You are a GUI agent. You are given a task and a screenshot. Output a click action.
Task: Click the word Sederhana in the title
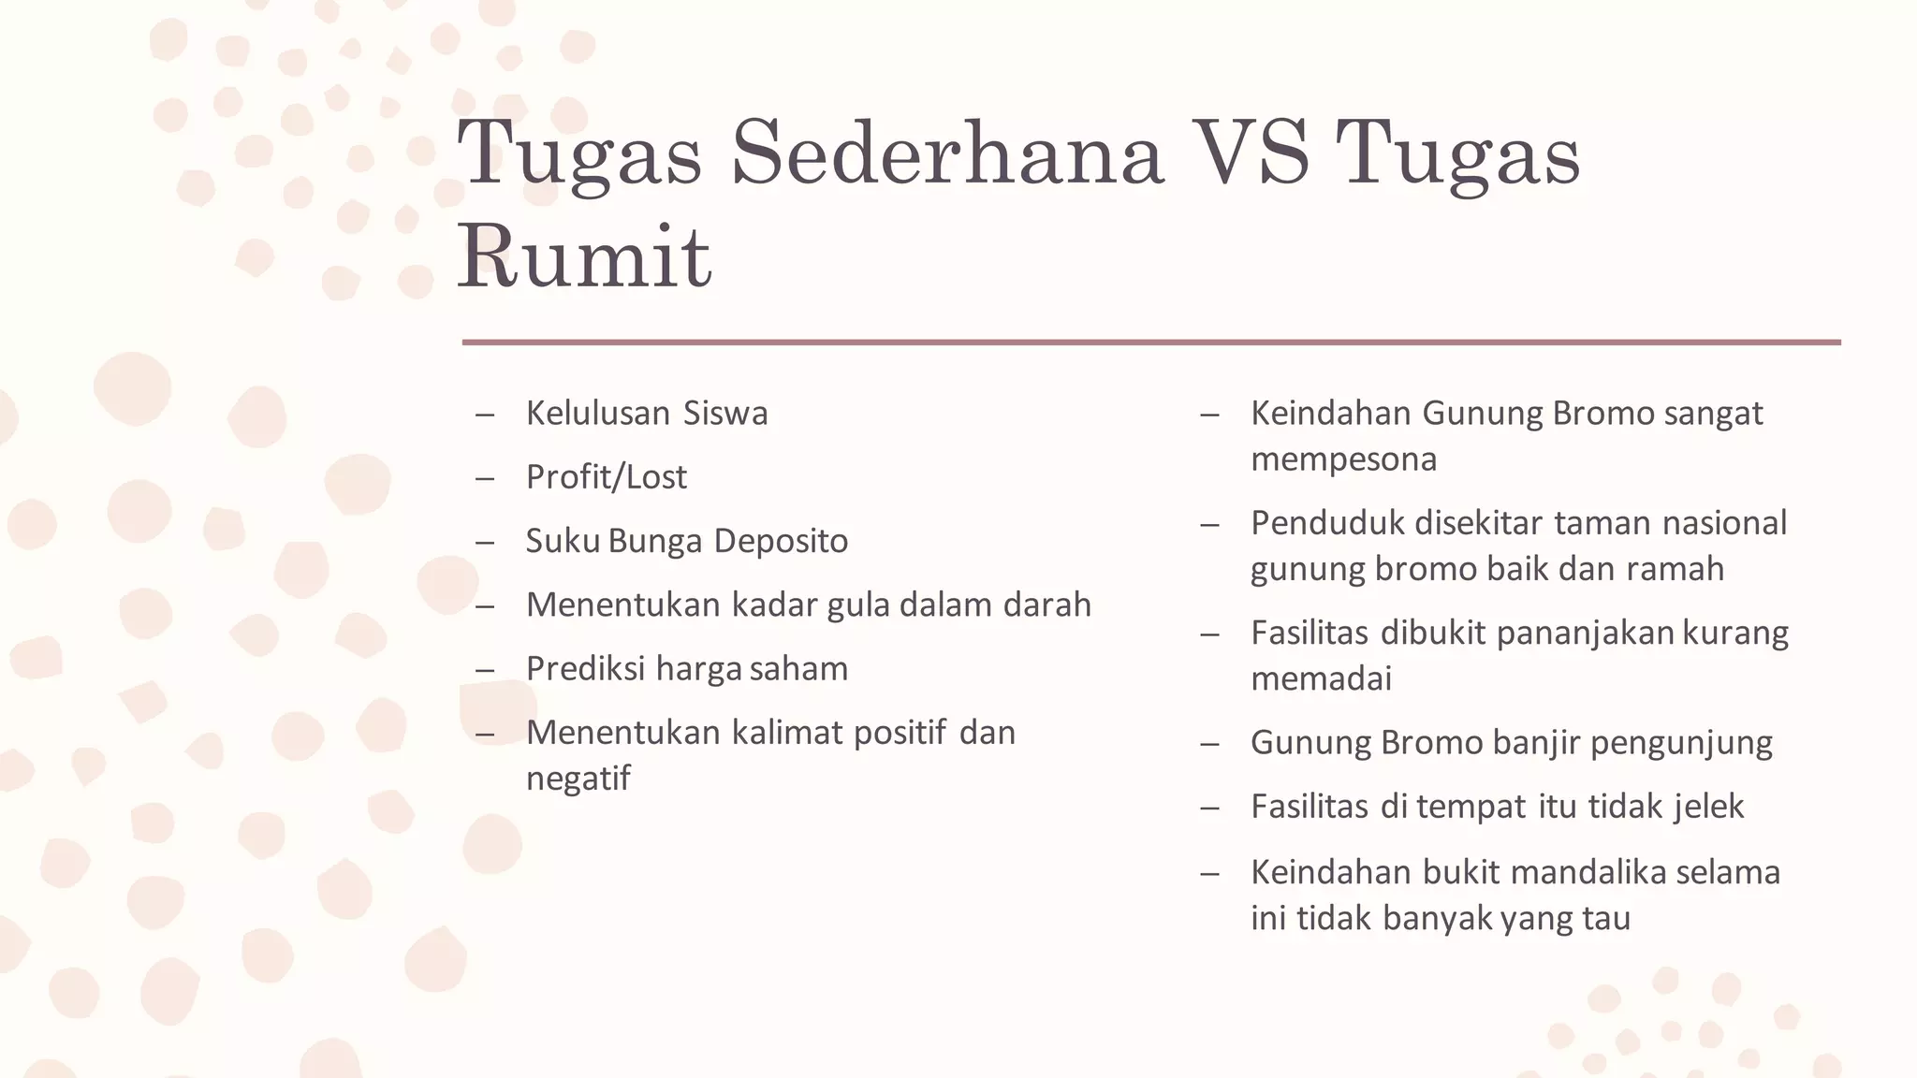point(947,154)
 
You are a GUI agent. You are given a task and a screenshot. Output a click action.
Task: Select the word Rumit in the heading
point(584,257)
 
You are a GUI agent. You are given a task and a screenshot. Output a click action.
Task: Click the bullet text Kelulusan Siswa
point(647,414)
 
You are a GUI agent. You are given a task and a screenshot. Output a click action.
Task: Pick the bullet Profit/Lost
point(607,477)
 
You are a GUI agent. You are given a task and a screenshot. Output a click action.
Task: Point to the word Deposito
point(781,541)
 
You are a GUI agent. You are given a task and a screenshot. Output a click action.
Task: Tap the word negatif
point(578,779)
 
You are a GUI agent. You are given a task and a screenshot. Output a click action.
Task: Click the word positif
point(900,733)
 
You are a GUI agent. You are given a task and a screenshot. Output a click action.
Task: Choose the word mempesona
point(1343,459)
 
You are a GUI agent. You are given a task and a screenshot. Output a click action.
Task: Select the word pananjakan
point(1584,634)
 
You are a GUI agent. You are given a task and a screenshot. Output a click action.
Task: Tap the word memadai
point(1321,678)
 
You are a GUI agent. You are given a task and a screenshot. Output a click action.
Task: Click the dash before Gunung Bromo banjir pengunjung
point(1209,745)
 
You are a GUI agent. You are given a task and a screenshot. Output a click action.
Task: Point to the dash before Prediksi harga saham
point(485,671)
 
